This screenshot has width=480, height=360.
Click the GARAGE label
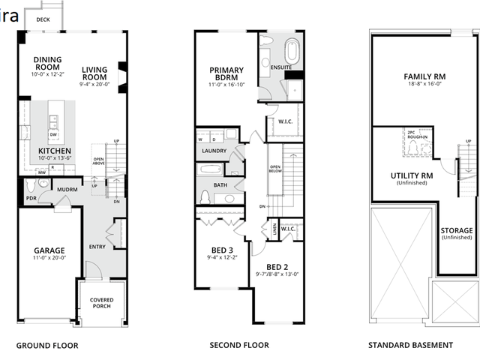(49, 250)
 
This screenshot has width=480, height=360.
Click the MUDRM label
(67, 190)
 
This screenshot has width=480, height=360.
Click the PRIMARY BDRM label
(227, 73)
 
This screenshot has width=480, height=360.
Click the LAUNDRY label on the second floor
(214, 151)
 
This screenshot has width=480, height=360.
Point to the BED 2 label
(277, 267)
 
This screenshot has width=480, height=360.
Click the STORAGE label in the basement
(456, 231)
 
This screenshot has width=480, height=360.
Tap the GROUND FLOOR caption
(47, 346)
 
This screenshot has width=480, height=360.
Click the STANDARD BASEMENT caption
(410, 346)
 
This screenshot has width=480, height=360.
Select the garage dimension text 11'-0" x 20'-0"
(49, 258)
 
